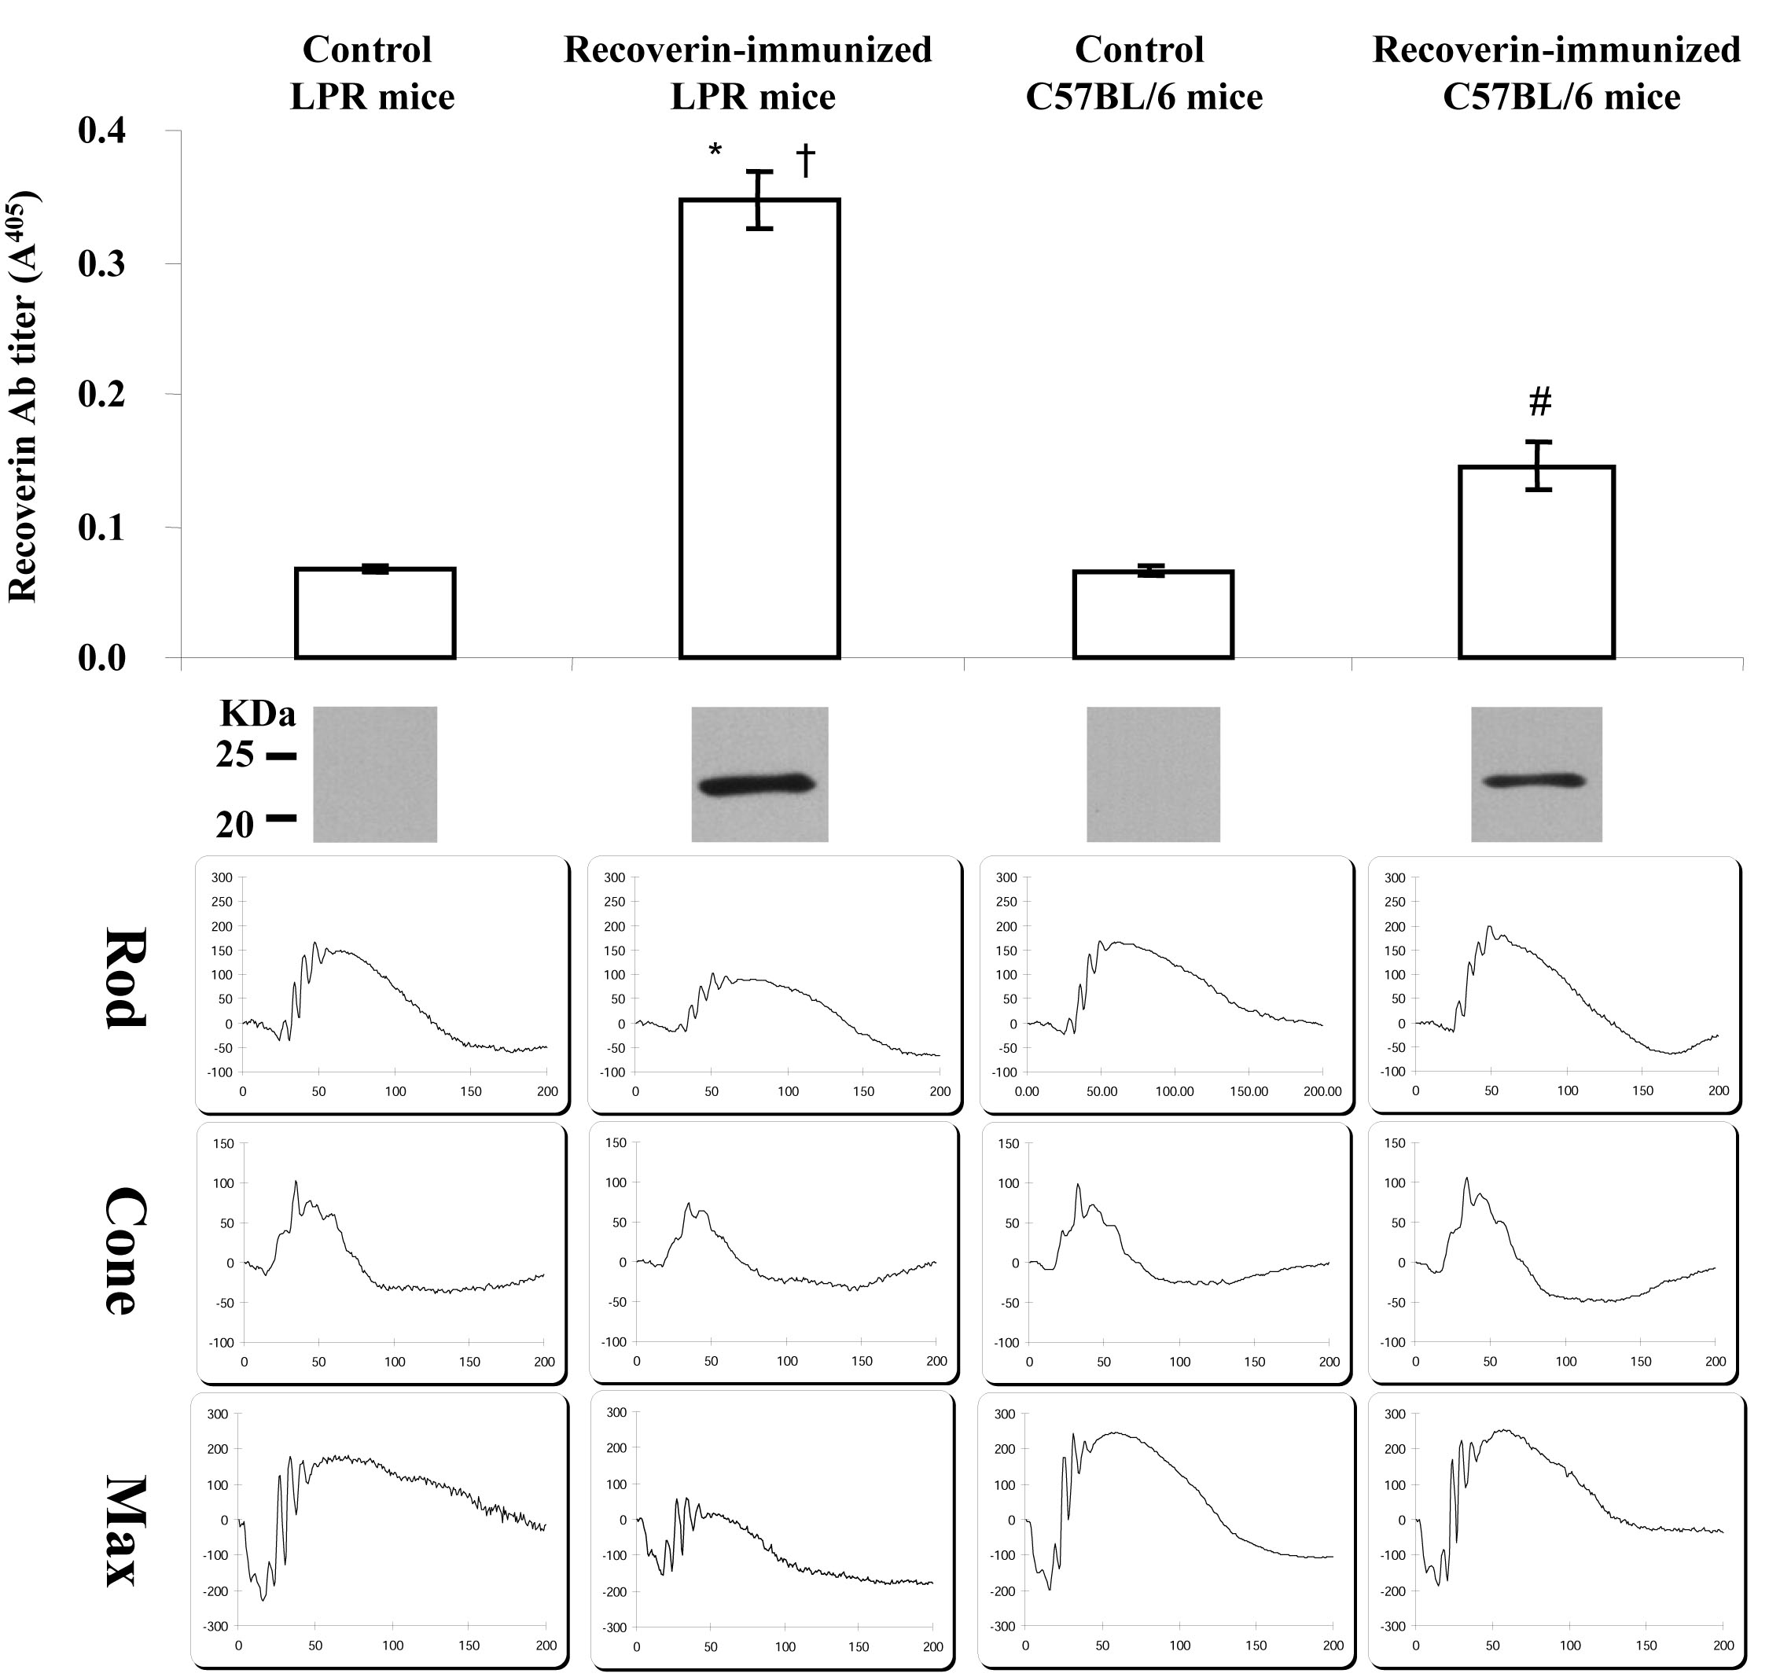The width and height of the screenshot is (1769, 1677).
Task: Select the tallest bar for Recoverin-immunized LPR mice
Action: coord(759,429)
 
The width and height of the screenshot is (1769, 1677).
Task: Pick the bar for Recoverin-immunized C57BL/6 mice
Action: coord(1535,562)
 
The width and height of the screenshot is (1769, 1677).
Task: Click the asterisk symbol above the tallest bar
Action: coord(715,151)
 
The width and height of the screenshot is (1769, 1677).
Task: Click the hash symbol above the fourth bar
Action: coord(1539,403)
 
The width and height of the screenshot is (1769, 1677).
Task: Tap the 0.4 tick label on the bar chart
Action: coord(102,131)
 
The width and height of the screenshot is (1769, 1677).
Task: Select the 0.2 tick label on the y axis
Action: coord(102,395)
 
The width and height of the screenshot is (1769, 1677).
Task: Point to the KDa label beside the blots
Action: coord(257,714)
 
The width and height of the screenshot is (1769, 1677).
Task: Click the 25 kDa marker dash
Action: coord(281,756)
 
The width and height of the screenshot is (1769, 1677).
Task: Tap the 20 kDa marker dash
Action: coord(281,818)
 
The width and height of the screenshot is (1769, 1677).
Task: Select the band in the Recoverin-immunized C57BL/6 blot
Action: coord(1535,781)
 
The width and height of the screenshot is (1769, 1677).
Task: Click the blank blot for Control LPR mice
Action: coord(374,774)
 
